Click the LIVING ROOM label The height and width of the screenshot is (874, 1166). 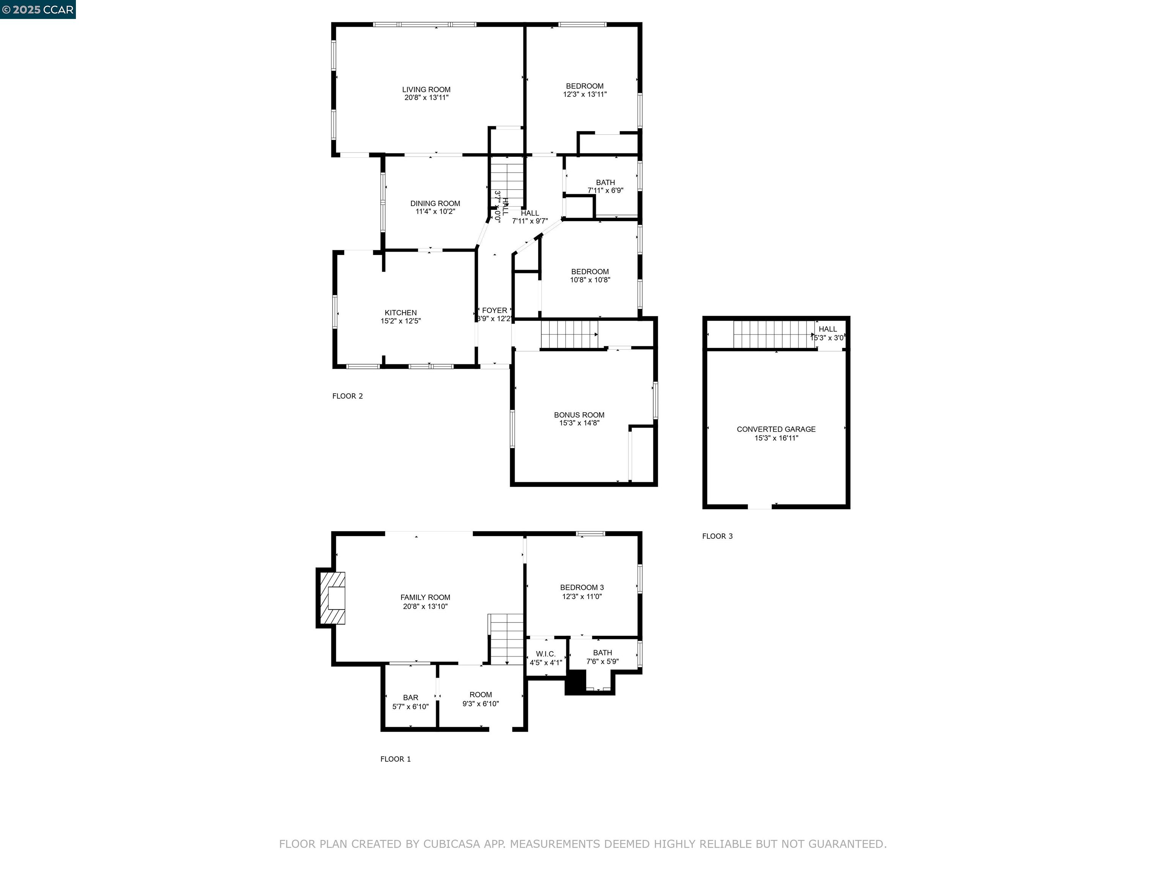[x=426, y=90]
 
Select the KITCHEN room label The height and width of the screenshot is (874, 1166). [x=400, y=313]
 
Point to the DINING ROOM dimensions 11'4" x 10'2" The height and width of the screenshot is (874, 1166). [x=435, y=212]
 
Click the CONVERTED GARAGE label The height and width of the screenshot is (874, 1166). [x=776, y=429]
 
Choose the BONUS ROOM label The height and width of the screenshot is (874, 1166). [x=579, y=415]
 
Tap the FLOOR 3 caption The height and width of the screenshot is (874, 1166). [x=717, y=536]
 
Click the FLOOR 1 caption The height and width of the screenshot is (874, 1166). [x=395, y=759]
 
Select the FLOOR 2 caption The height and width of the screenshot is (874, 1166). [x=347, y=396]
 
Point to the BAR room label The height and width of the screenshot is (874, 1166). [x=411, y=698]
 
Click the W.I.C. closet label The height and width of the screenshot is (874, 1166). [x=545, y=654]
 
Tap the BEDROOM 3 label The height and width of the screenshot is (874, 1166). [x=582, y=587]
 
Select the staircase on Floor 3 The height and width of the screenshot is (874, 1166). [x=772, y=335]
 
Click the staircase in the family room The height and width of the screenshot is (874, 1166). [x=506, y=639]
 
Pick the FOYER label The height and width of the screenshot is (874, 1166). [x=495, y=311]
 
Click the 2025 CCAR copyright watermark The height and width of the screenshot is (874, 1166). [x=38, y=9]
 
